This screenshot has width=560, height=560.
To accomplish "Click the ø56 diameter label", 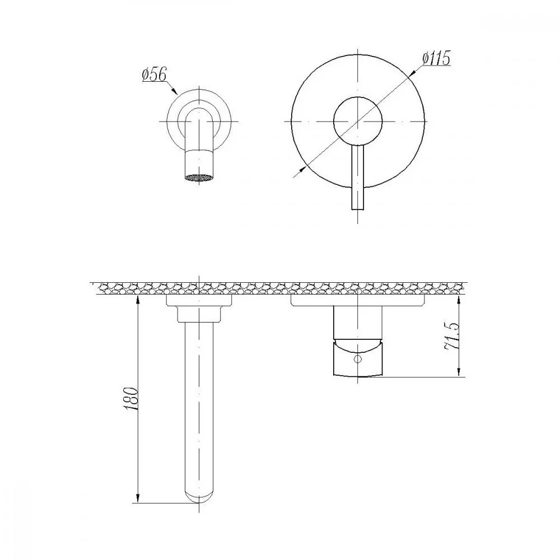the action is point(154,74).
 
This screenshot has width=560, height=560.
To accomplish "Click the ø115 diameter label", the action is point(436,59).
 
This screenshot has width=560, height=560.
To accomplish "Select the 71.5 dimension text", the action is point(451,336).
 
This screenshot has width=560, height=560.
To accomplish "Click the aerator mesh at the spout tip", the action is point(199,178).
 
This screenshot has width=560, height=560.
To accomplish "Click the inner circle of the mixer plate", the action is point(357,121).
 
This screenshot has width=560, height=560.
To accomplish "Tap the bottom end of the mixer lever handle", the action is point(357,209).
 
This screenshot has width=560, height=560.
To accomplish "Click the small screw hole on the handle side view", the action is point(357,358).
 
